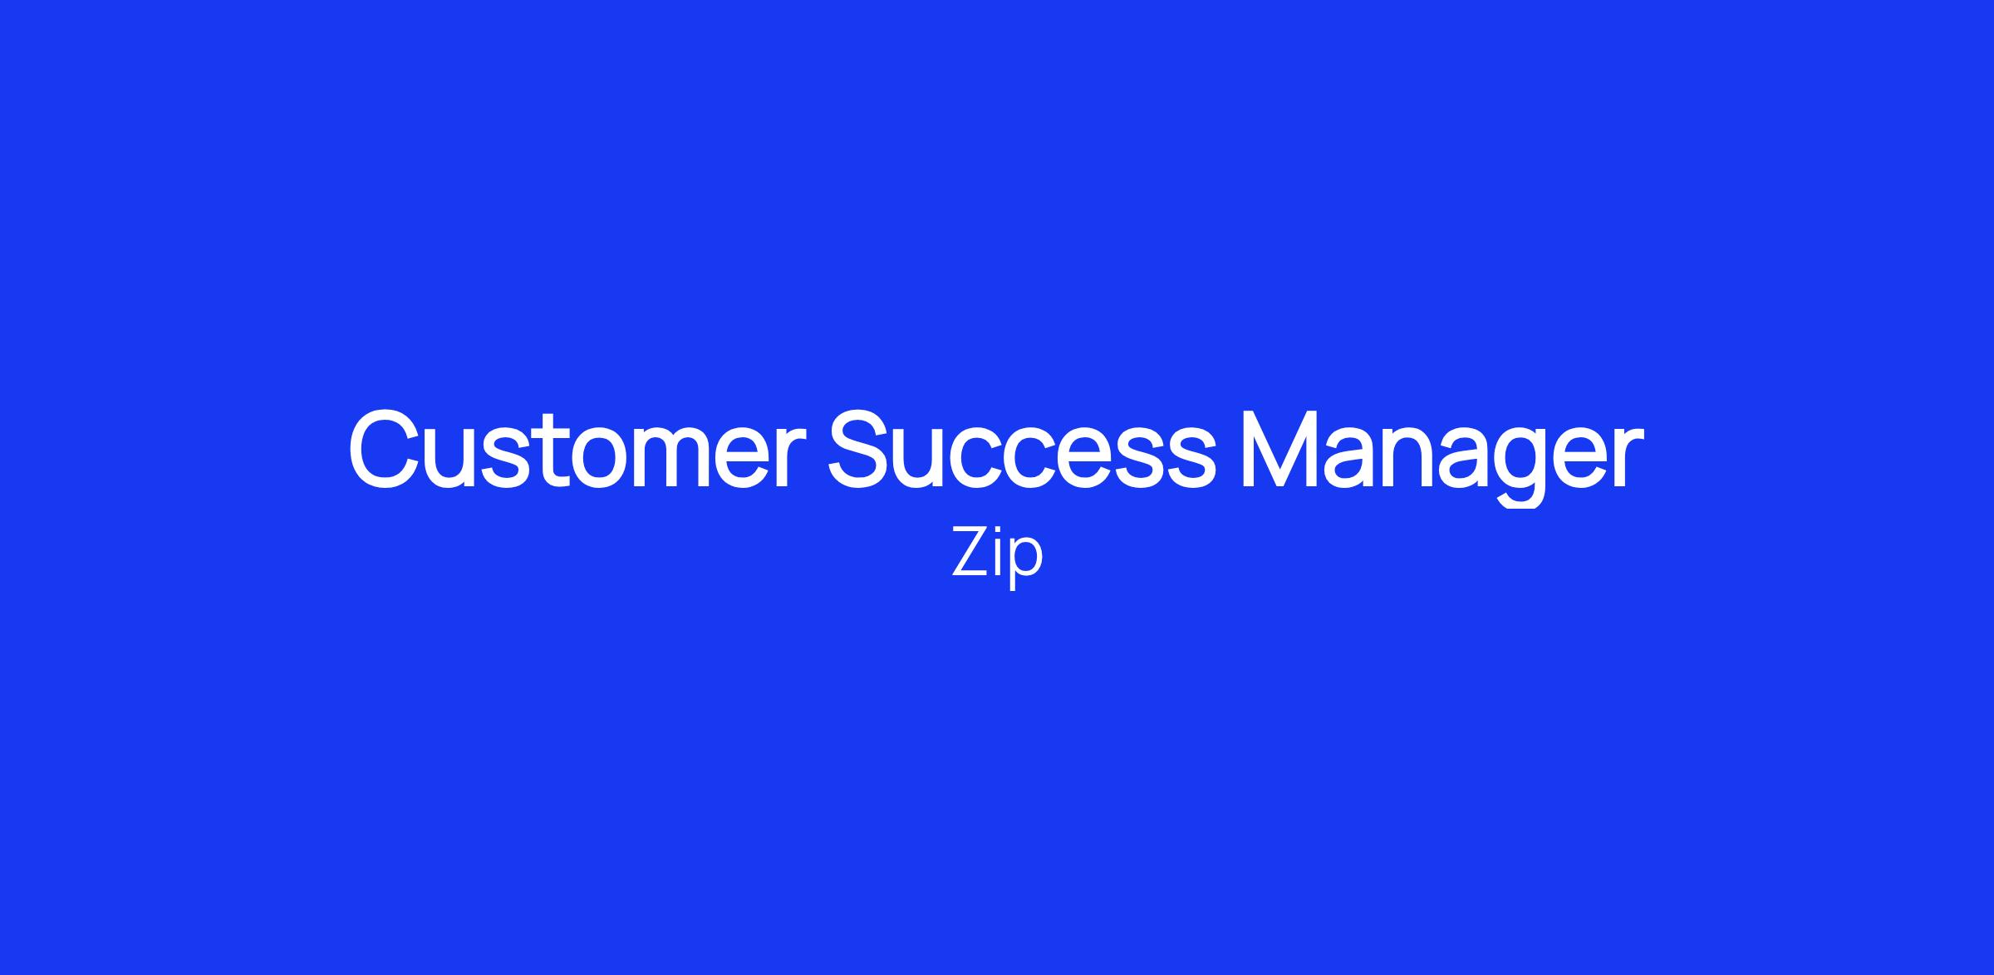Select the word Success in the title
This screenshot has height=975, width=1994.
point(1022,449)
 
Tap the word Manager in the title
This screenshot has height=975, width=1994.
point(1441,455)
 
